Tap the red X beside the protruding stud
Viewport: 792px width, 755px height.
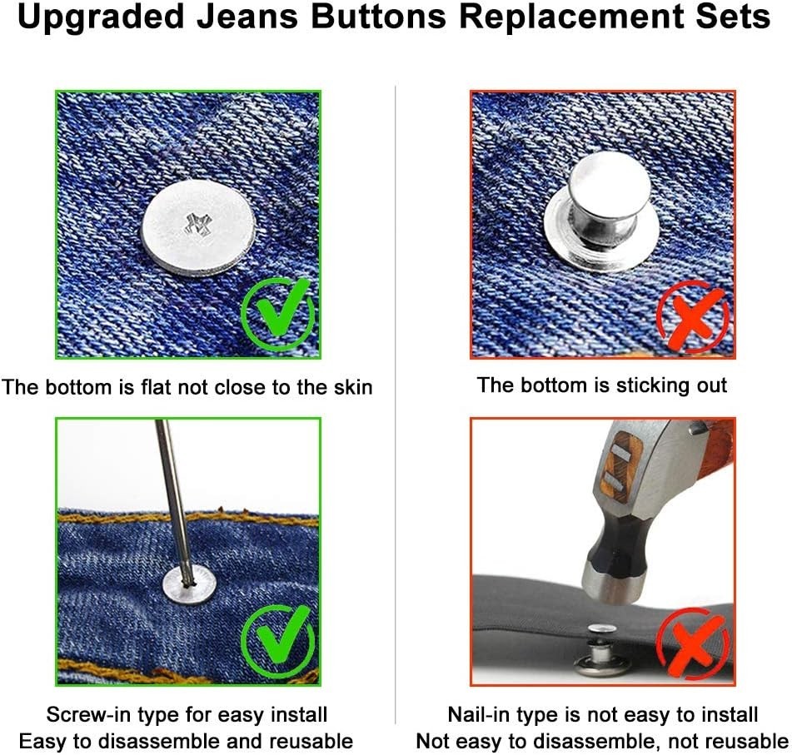coord(692,314)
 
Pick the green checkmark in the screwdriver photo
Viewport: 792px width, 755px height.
coord(278,639)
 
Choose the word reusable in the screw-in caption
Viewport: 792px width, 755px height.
coord(311,741)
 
